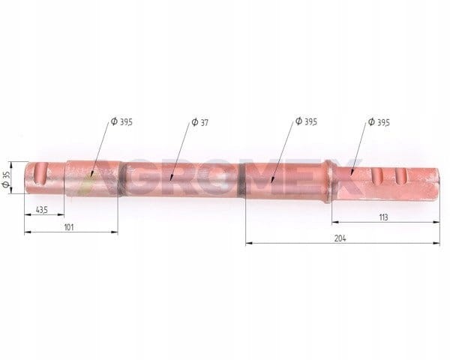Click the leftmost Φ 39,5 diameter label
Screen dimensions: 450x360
121,121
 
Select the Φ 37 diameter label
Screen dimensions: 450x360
199,122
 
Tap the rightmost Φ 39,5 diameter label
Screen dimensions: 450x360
379,122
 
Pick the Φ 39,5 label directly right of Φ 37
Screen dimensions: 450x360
307,121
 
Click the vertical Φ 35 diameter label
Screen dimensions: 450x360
6,179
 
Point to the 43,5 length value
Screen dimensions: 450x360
41,210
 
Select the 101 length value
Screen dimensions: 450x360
69,227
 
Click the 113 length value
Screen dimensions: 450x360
383,217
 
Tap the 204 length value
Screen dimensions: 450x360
340,238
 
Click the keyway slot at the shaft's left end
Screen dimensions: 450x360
40,173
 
